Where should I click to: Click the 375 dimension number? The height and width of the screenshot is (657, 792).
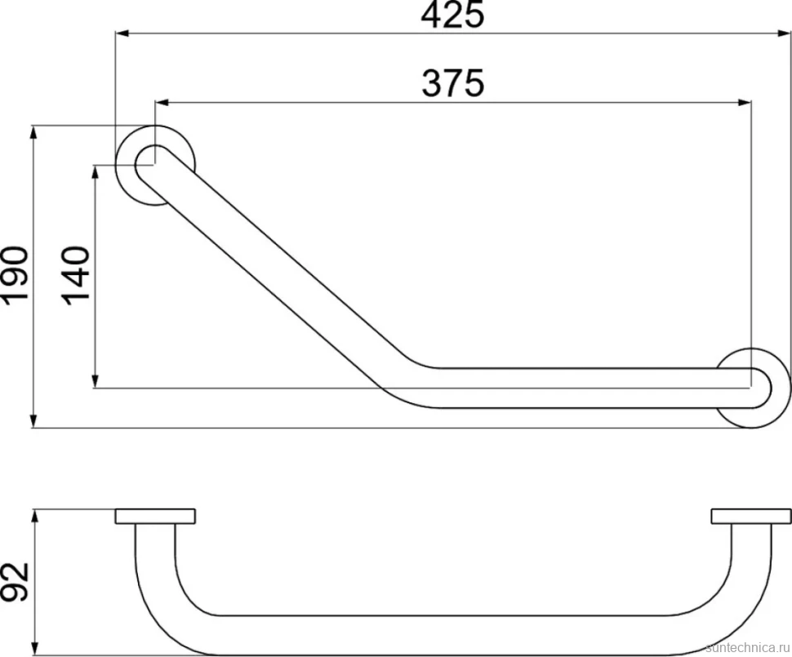pyautogui.click(x=453, y=83)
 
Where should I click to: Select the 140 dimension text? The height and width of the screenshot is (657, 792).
pyautogui.click(x=76, y=276)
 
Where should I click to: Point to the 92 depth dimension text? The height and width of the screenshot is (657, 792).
pyautogui.click(x=15, y=582)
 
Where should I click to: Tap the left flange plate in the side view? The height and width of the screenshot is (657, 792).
pyautogui.click(x=155, y=516)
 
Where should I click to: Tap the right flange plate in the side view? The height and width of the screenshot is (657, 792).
pyautogui.click(x=750, y=516)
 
